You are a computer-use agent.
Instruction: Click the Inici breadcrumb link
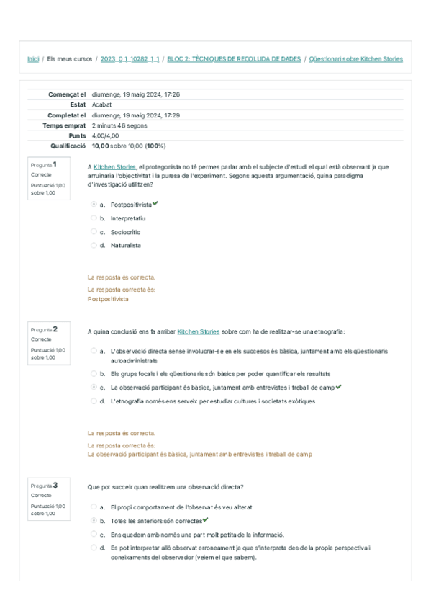click(33, 59)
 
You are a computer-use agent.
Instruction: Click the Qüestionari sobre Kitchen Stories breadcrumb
click(355, 59)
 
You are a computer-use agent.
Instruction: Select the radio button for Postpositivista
click(94, 205)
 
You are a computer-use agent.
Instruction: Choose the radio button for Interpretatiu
click(94, 218)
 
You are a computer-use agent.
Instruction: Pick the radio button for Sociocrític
click(94, 232)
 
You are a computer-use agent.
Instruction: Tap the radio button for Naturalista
click(94, 245)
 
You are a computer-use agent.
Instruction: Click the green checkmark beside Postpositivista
click(156, 204)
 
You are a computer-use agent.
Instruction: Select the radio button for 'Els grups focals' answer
click(94, 374)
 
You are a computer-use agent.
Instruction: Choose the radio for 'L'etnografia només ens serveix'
click(94, 401)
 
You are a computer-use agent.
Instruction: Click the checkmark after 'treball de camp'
click(339, 387)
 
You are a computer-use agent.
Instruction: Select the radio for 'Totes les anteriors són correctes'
click(94, 520)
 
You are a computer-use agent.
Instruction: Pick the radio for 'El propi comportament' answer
click(94, 507)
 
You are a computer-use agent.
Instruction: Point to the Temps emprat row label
click(65, 125)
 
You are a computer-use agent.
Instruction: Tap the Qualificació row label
click(68, 146)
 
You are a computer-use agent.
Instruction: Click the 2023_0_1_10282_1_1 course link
click(130, 59)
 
